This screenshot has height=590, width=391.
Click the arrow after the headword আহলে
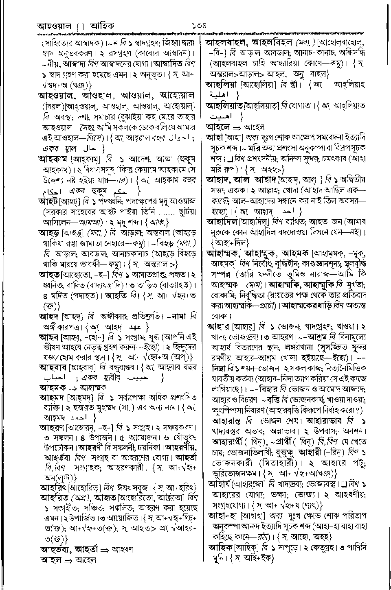[236, 127]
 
